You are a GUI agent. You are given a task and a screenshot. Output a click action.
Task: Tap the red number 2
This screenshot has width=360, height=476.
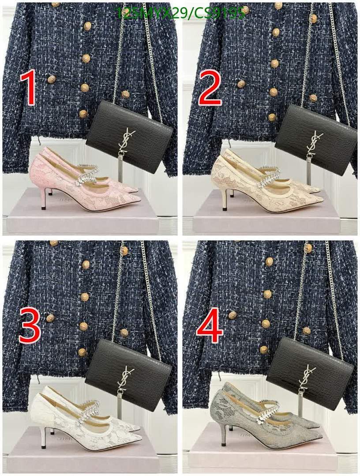coord(210,88)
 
